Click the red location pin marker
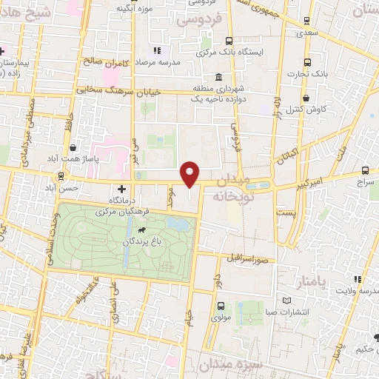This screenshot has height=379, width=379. pos(191,173)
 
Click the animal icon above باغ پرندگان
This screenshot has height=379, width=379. pos(151,229)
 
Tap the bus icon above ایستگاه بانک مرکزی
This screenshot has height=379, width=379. pos(229,41)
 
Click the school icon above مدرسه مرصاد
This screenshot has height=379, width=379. pos(156,50)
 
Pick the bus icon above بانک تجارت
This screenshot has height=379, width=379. pos(307,62)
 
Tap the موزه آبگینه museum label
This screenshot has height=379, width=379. pos(133,7)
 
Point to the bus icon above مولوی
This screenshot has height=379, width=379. pos(220,305)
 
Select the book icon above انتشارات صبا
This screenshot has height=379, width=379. pos(287,301)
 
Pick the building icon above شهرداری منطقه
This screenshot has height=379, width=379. pos(218,78)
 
